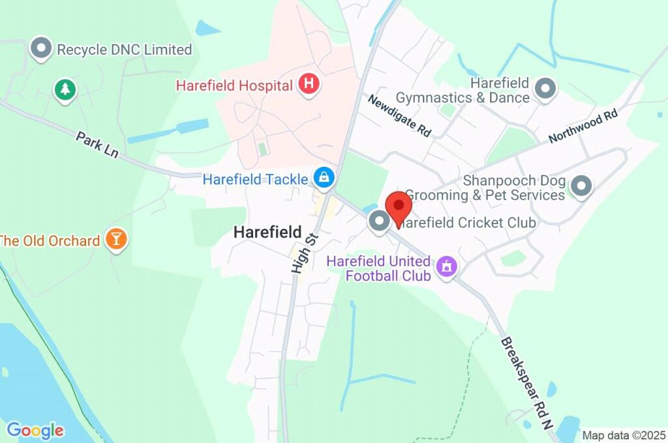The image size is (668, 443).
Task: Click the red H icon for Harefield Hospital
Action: coord(309,84)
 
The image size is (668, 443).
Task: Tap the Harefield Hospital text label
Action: coord(234,85)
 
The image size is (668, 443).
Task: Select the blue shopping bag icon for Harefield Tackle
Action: coord(324,177)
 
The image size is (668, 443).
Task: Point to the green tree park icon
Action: coord(64,89)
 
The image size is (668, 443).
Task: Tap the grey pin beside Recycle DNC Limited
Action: coord(42,48)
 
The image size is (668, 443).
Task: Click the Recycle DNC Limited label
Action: coord(125,50)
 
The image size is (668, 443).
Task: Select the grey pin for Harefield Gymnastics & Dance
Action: coord(545,88)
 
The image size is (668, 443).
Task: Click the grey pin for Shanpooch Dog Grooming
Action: coord(581,186)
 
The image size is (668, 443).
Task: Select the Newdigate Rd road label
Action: coord(399,115)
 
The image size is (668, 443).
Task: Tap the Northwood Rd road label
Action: coord(583,126)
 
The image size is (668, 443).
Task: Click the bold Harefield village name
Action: coord(267,232)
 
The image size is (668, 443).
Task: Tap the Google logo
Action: coord(35,430)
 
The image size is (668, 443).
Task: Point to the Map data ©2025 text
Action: coord(623,435)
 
